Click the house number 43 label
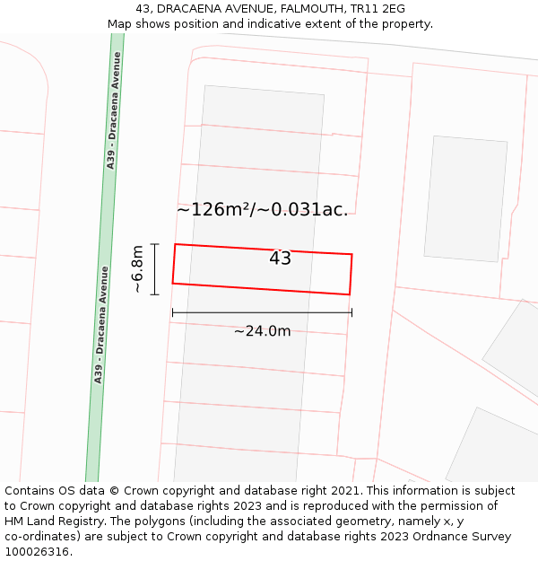click(280, 259)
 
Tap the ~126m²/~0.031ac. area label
click(262, 210)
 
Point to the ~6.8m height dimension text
click(137, 269)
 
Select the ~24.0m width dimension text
click(262, 331)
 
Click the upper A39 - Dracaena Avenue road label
click(113, 123)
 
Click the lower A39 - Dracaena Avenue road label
click(101, 325)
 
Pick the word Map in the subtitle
click(119, 24)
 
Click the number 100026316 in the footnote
click(39, 552)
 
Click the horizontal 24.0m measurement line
click(262, 312)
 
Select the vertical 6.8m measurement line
click(154, 269)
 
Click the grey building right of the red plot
click(465, 198)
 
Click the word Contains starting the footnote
click(30, 491)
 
